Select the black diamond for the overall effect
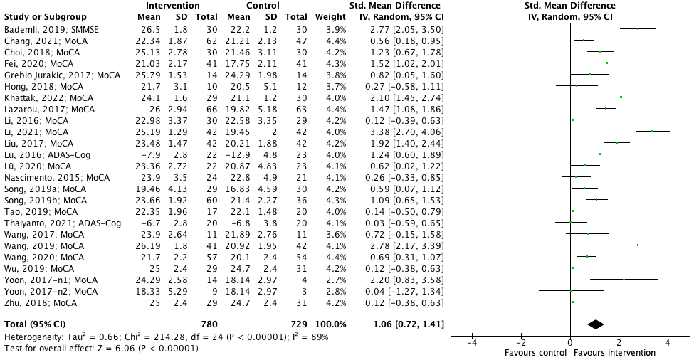(x=596, y=324)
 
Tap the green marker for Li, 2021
(x=651, y=131)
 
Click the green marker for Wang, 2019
(x=638, y=245)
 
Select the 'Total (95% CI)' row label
(x=33, y=324)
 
